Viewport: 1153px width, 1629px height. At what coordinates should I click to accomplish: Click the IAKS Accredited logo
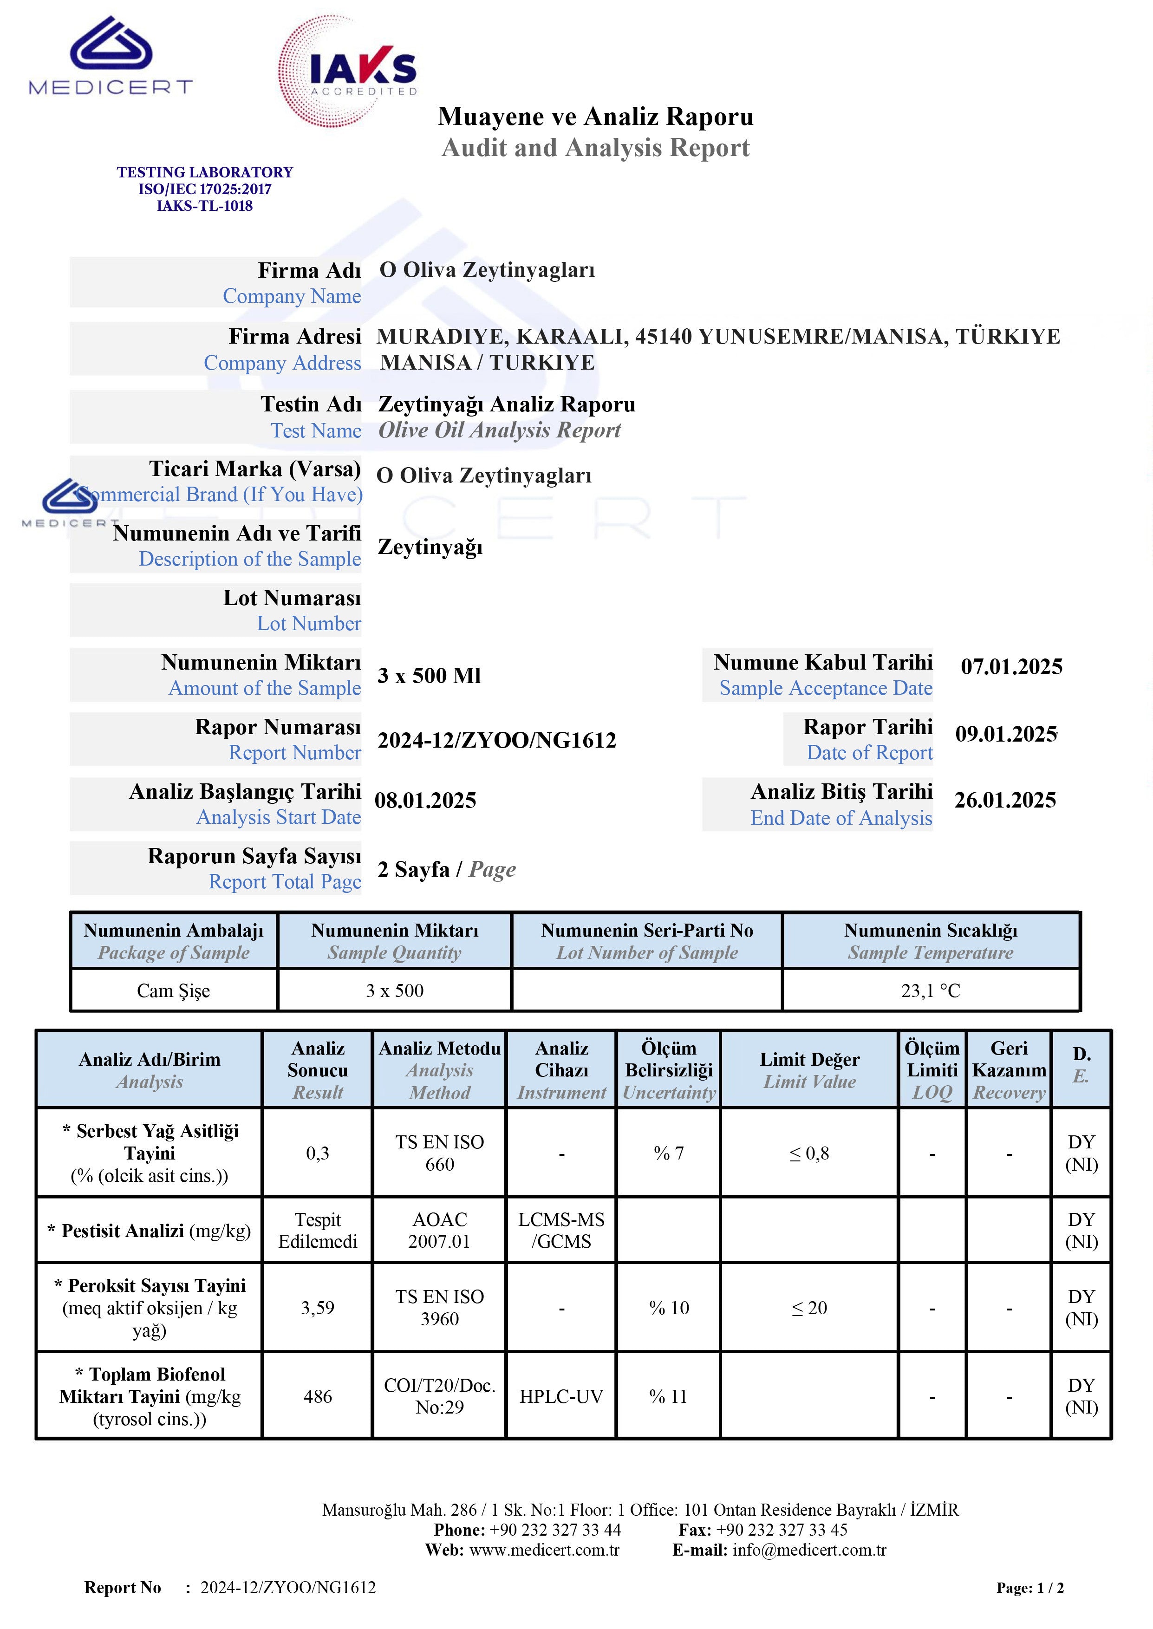(x=348, y=72)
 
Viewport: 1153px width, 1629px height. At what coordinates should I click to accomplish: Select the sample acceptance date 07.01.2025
(x=1011, y=666)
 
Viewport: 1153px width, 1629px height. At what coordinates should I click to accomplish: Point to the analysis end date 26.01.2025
(x=1004, y=800)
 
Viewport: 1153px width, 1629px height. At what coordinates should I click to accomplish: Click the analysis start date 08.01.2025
(x=425, y=801)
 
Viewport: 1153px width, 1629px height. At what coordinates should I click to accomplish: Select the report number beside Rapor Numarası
(x=496, y=740)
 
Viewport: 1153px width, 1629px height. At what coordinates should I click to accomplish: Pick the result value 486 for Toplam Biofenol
(x=317, y=1396)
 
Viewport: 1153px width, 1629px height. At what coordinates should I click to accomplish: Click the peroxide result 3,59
(x=317, y=1308)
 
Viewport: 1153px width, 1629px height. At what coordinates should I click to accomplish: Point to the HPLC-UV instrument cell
(x=561, y=1396)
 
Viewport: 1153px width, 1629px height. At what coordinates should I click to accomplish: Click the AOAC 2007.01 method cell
(x=439, y=1230)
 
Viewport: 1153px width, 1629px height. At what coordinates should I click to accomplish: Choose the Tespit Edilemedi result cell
(x=317, y=1230)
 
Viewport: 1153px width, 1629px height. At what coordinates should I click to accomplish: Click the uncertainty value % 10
(x=669, y=1308)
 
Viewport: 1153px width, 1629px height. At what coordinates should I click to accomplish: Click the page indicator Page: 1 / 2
(x=1029, y=1588)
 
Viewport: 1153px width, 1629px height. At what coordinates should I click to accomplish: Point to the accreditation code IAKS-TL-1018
(x=204, y=206)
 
